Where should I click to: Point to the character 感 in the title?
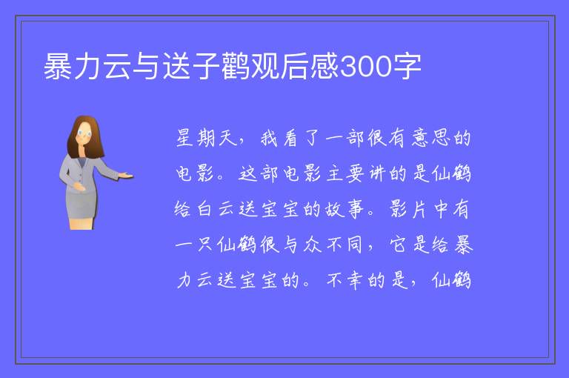[324, 67]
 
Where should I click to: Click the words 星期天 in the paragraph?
[206, 139]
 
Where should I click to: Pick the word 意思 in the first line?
[431, 139]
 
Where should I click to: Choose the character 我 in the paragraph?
[269, 139]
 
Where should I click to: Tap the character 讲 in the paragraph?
[377, 173]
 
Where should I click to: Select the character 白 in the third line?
[204, 209]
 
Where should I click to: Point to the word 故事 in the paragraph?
[344, 209]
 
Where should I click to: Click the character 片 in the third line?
[419, 209]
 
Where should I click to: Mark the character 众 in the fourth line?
[313, 245]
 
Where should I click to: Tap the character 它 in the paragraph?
[399, 245]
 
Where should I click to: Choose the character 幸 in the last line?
[356, 280]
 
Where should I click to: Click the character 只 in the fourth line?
[204, 245]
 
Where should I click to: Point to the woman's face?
[84, 133]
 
